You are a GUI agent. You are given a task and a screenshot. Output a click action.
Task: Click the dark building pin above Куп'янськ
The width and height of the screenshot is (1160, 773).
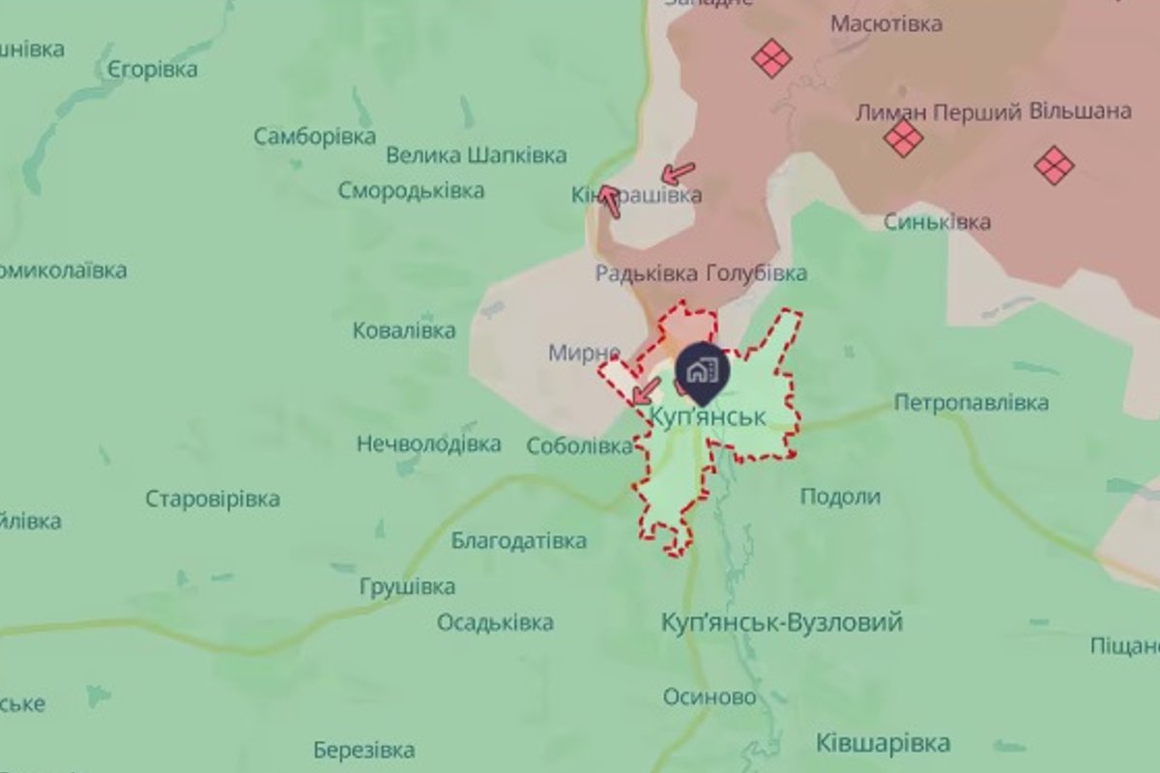703,371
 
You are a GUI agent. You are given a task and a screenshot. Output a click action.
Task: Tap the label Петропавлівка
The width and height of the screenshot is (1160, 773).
971,402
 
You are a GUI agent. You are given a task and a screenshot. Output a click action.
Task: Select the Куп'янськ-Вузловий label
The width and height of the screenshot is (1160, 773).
781,621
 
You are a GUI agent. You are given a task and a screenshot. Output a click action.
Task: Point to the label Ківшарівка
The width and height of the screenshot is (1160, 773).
883,743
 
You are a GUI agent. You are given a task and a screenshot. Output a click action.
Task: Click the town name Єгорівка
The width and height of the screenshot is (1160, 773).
153,70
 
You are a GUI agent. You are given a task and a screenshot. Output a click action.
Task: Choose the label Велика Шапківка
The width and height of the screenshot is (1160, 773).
476,156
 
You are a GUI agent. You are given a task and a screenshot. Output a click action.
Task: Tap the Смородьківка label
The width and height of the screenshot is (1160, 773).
411,190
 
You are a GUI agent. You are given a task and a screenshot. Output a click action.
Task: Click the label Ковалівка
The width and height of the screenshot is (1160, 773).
403,330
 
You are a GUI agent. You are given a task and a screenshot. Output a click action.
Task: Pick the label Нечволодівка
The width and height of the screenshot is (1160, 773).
428,444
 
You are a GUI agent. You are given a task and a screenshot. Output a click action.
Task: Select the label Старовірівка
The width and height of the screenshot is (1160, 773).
213,499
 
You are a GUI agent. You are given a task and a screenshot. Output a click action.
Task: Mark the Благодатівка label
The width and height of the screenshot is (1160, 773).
518,540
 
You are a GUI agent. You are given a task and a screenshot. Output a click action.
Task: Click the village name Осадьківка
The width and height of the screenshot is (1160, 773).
495,621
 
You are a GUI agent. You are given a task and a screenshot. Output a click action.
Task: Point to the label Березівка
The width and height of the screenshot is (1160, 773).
364,750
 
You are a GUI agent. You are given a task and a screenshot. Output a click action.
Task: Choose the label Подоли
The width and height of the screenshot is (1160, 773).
840,497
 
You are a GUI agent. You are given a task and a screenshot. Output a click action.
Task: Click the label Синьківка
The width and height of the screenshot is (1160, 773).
937,222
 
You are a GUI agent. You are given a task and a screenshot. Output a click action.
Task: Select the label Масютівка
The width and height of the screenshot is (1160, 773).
886,24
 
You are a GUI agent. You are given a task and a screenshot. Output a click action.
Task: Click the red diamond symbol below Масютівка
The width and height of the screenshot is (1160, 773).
771,58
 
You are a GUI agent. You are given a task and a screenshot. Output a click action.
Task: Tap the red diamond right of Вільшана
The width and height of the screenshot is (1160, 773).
1054,164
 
